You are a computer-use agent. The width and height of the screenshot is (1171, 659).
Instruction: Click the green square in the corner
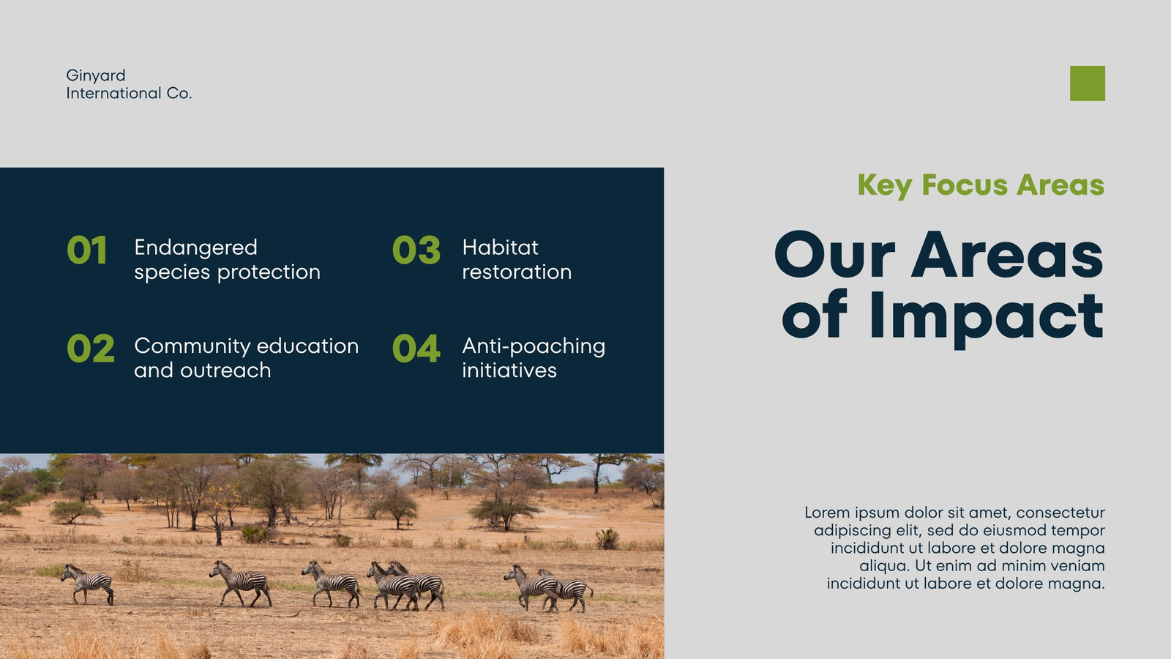(x=1088, y=83)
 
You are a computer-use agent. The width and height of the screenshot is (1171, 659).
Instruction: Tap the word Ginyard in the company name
(x=96, y=76)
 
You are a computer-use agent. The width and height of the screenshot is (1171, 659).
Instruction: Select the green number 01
(x=87, y=250)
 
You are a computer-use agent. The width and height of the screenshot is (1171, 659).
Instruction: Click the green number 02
(x=91, y=349)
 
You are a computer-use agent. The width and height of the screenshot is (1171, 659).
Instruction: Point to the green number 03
(x=416, y=250)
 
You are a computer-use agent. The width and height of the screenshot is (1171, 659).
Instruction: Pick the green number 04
(x=416, y=349)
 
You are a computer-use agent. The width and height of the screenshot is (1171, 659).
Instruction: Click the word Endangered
(x=195, y=247)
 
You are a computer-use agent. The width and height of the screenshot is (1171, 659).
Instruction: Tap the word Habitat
(x=500, y=247)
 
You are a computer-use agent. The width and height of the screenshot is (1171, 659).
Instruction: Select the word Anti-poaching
(x=534, y=347)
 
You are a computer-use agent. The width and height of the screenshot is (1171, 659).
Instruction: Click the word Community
(x=192, y=347)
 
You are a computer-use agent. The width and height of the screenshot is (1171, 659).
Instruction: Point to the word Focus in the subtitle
(x=965, y=185)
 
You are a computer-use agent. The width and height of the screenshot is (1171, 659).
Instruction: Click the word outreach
(x=225, y=371)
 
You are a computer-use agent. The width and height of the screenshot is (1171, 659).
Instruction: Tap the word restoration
(x=517, y=272)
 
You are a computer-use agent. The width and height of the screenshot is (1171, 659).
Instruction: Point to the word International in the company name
(x=113, y=94)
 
